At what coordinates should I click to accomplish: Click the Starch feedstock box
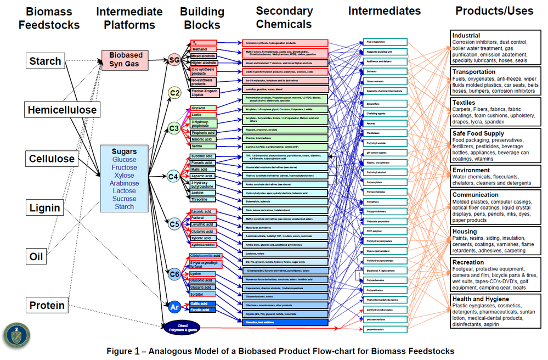coord(45,61)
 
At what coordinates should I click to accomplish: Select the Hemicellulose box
coord(63,110)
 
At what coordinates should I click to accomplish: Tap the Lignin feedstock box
coord(45,208)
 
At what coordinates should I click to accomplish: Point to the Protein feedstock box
coord(47,306)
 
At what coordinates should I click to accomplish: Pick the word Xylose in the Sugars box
coord(125,176)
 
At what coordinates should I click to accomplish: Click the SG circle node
coord(174,60)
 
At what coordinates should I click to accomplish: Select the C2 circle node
coord(174,93)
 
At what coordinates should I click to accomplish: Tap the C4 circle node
coord(174,177)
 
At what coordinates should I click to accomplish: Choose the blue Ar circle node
coord(174,307)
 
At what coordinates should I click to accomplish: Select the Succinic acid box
coord(201,156)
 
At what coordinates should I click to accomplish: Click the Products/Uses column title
coord(494,11)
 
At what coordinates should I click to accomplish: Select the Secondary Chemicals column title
coord(284,17)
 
